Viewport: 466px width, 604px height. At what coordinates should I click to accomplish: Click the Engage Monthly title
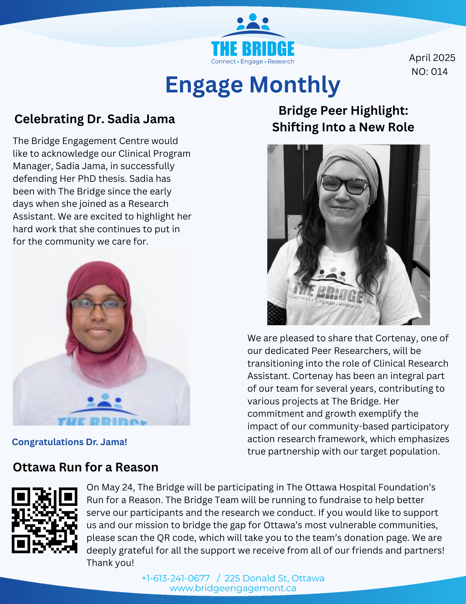253,85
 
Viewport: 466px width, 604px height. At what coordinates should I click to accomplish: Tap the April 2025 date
432,58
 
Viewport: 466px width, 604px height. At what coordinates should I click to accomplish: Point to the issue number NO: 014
430,72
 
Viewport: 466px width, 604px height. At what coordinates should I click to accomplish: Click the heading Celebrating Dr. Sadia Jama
94,119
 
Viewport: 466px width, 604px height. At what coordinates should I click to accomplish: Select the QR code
44,520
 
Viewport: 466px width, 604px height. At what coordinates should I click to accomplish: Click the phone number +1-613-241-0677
176,578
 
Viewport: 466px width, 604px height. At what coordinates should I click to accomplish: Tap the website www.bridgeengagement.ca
233,588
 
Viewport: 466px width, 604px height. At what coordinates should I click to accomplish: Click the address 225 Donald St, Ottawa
274,578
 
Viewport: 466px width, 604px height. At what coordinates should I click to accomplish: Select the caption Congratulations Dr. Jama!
69,442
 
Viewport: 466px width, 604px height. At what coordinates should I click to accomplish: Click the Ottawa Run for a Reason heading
85,467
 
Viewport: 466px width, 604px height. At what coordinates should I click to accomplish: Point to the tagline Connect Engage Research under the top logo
252,62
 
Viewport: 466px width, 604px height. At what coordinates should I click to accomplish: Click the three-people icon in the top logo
253,23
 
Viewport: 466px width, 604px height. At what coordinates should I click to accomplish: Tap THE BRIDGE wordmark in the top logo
253,49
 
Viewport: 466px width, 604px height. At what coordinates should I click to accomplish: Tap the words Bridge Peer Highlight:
343,111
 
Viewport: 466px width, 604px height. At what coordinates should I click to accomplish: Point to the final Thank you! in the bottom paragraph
110,563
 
